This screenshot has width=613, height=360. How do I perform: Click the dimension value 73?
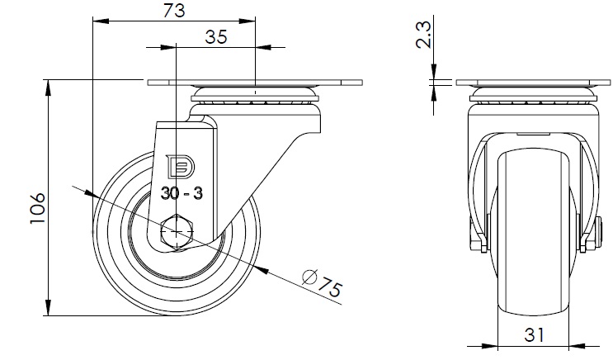174,11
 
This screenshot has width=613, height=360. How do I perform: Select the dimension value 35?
216,37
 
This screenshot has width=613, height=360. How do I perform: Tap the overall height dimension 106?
38,208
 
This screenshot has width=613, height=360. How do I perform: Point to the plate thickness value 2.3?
423,35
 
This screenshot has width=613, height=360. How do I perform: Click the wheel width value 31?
534,335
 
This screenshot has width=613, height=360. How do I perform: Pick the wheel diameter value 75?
329,288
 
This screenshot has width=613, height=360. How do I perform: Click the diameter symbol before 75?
309,277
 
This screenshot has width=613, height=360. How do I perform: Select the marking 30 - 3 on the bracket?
182,193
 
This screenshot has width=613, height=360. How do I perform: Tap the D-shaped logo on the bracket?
182,167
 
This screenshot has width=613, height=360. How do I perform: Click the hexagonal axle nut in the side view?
177,232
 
